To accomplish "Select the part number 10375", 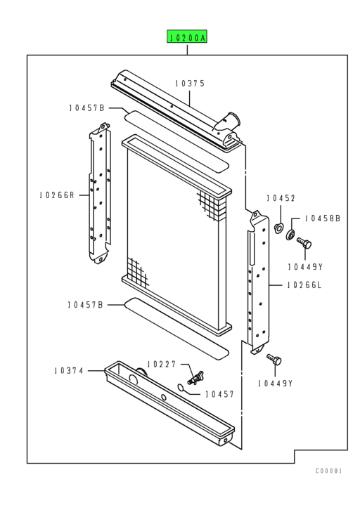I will (x=190, y=84).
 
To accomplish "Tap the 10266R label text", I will (x=57, y=195).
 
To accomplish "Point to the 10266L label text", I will (x=304, y=285).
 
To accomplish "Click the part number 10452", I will (x=281, y=199).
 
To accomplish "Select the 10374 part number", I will (x=68, y=370).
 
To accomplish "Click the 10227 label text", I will (x=162, y=364).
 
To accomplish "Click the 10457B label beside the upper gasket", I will (x=86, y=107).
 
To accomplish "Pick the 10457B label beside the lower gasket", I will (x=86, y=304).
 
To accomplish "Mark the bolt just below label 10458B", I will (x=304, y=244).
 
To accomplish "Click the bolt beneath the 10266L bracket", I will (x=274, y=360).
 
